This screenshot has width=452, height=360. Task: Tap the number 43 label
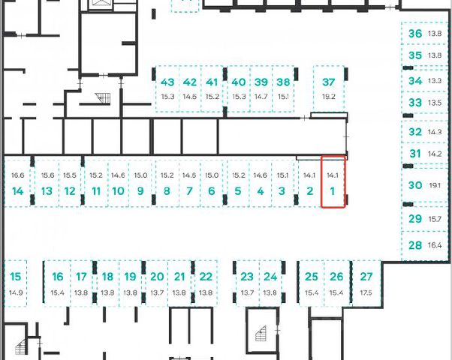click(167, 82)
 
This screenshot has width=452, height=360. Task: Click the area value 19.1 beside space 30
click(435, 184)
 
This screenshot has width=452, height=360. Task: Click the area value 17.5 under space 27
click(366, 292)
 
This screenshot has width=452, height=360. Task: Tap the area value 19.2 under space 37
click(328, 97)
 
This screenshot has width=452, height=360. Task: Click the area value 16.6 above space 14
click(18, 175)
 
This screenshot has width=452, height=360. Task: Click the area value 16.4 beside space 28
click(435, 244)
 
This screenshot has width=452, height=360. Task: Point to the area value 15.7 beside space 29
click(435, 219)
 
